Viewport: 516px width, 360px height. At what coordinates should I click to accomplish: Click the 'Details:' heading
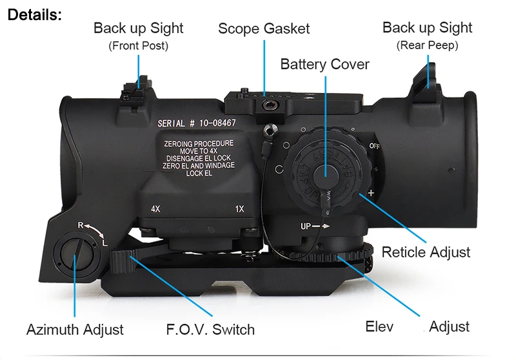click(34, 14)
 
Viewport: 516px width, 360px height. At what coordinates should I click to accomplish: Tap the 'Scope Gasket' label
click(263, 29)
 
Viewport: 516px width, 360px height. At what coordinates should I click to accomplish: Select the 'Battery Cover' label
click(324, 65)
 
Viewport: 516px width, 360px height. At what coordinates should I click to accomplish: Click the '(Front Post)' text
click(138, 46)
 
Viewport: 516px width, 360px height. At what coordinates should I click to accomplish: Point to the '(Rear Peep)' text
click(427, 45)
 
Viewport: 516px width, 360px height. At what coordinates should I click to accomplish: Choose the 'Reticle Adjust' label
click(426, 252)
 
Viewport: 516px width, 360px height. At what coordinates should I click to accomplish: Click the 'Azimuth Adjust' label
click(75, 330)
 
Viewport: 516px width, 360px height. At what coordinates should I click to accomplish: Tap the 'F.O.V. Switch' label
click(210, 330)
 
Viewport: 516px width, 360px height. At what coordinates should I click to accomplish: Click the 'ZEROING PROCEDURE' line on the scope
click(199, 143)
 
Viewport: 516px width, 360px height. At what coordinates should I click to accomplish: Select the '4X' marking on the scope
click(155, 209)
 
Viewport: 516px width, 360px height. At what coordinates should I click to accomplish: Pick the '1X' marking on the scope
click(240, 209)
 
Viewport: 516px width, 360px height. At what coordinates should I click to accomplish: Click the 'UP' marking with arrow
click(315, 226)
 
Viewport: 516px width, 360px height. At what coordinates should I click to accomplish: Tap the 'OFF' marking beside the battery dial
click(375, 146)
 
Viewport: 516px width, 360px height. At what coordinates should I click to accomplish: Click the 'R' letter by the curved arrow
click(81, 225)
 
